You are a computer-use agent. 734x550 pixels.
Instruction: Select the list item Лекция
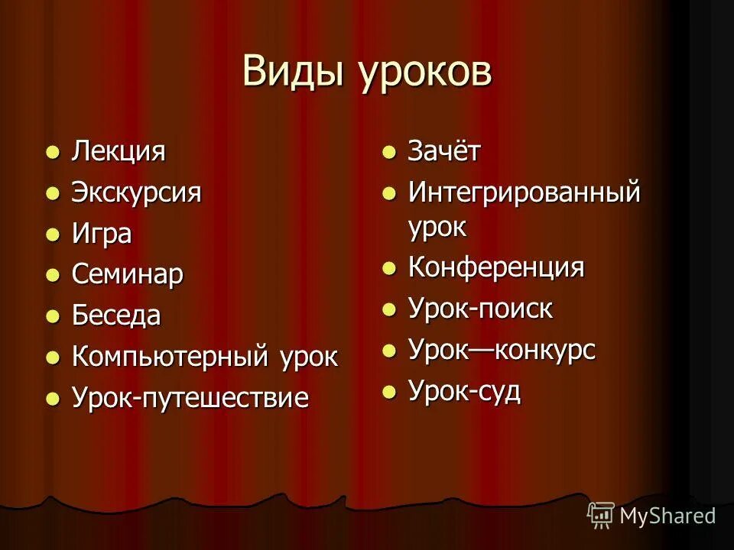click(119, 151)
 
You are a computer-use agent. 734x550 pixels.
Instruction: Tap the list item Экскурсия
click(136, 192)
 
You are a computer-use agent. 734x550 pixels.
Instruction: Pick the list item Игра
click(101, 234)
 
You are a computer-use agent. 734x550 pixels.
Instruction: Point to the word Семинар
click(127, 274)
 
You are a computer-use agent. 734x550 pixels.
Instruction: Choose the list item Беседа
click(116, 315)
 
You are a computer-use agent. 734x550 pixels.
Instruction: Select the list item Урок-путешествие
click(190, 398)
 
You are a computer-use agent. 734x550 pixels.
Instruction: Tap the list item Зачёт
click(443, 151)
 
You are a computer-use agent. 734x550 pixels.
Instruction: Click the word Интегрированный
click(524, 192)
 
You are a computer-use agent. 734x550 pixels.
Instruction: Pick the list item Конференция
click(495, 268)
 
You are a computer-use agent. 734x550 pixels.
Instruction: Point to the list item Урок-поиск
click(479, 309)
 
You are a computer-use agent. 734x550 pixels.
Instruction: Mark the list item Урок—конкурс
click(501, 351)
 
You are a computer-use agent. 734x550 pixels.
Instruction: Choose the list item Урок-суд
click(464, 391)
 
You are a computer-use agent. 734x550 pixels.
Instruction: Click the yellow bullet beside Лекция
click(52, 152)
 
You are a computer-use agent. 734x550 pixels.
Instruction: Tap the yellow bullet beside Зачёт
click(389, 152)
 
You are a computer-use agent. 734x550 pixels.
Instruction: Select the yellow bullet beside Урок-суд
click(389, 392)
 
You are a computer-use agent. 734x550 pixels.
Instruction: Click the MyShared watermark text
click(667, 516)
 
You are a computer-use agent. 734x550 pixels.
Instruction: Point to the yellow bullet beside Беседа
click(52, 316)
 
